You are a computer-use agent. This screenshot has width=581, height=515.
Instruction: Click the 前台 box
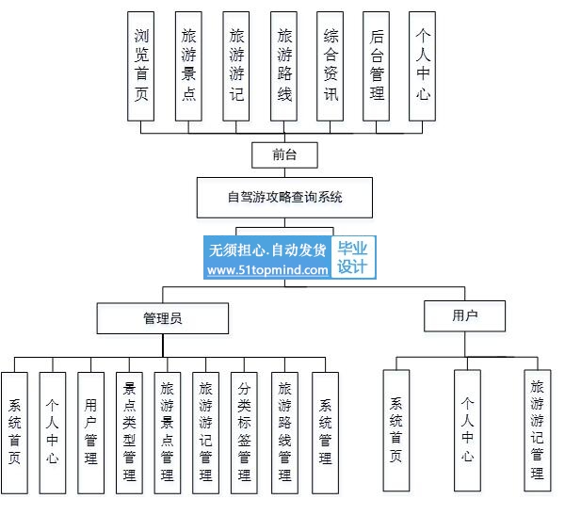(x=284, y=155)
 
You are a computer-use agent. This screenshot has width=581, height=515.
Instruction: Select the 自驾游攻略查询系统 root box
(x=284, y=198)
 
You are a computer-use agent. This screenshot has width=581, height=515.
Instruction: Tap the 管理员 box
(x=163, y=318)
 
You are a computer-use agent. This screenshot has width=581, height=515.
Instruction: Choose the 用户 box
(x=464, y=316)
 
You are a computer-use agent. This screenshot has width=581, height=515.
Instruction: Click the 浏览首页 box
(x=141, y=66)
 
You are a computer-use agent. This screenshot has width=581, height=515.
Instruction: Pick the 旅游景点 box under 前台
(x=188, y=66)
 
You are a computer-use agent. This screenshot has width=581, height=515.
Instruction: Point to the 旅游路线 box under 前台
(x=283, y=66)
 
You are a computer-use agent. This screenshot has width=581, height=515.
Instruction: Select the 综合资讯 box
(x=331, y=66)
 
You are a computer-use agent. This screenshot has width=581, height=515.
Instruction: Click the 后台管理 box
(x=376, y=66)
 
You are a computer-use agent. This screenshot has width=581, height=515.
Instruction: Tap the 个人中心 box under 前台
(x=423, y=66)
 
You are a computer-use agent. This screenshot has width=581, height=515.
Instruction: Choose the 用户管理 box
(x=90, y=433)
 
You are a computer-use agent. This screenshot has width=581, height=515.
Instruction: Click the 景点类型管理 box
(x=129, y=433)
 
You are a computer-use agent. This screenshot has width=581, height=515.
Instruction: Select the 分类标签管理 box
(x=244, y=433)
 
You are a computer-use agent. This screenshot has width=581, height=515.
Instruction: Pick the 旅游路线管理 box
(x=284, y=433)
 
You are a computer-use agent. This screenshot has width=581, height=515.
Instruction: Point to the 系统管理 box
(x=325, y=433)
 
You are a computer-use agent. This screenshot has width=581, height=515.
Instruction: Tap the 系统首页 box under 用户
(x=396, y=430)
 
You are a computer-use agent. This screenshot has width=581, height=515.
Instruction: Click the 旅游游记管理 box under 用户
(x=538, y=430)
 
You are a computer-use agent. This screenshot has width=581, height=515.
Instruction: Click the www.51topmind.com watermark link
(x=267, y=270)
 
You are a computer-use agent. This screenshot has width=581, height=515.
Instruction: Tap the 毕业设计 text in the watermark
(x=352, y=257)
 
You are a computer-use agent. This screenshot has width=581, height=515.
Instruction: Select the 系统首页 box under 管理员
(x=14, y=433)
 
